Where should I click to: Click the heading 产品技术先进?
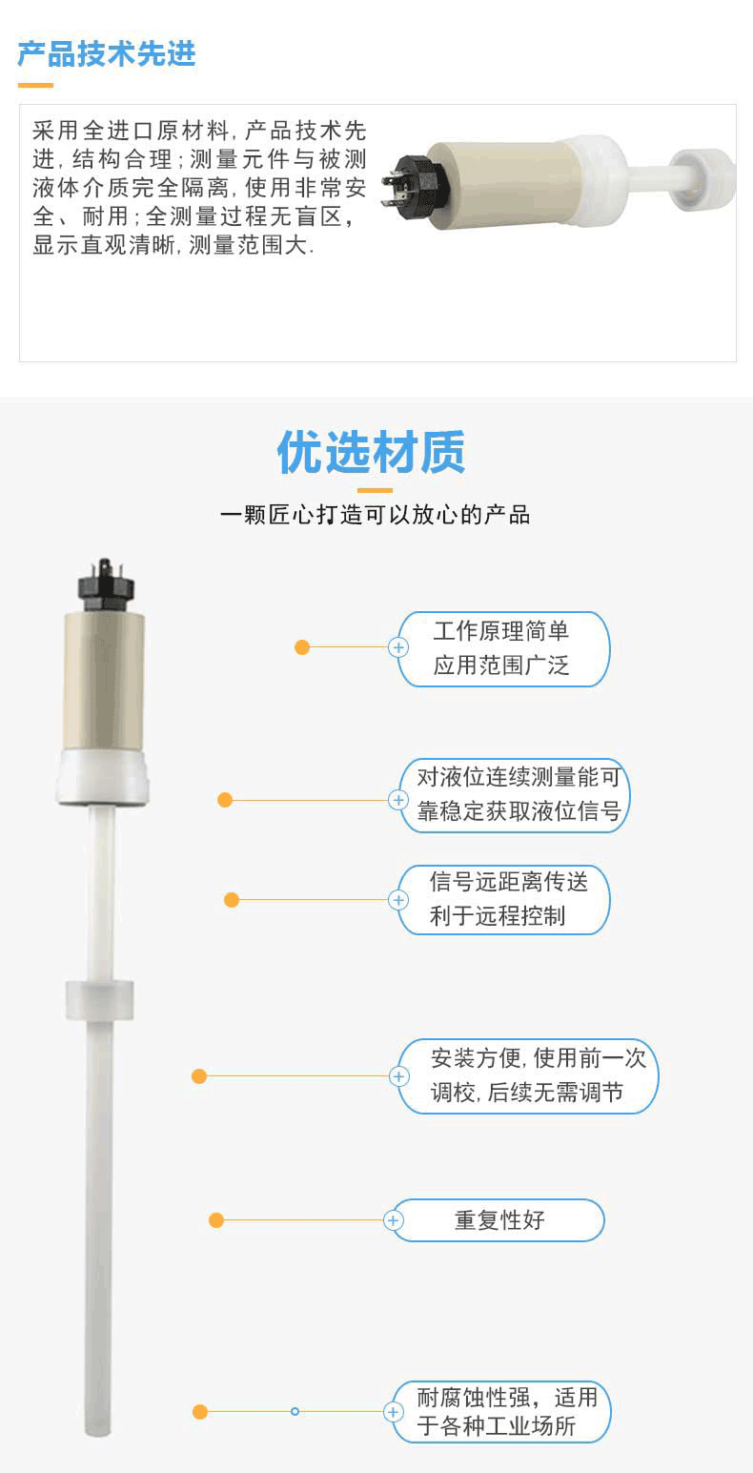(x=107, y=54)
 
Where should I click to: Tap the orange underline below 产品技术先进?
(x=35, y=86)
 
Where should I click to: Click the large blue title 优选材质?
(x=372, y=453)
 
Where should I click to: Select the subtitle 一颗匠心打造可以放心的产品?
(x=376, y=515)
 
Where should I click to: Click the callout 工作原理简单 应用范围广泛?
(x=503, y=648)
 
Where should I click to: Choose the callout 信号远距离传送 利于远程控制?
(x=503, y=900)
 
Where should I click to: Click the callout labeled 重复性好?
(x=498, y=1220)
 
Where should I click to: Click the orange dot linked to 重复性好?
(x=216, y=1220)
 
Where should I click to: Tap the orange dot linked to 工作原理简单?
(x=302, y=647)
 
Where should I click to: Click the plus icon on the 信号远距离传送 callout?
(x=398, y=900)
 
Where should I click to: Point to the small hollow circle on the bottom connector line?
(x=295, y=1411)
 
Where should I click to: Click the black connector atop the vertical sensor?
(x=105, y=585)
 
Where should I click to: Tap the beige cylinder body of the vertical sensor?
(x=104, y=682)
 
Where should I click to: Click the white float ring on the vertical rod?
(x=99, y=1000)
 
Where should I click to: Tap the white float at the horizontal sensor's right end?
(x=702, y=179)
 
